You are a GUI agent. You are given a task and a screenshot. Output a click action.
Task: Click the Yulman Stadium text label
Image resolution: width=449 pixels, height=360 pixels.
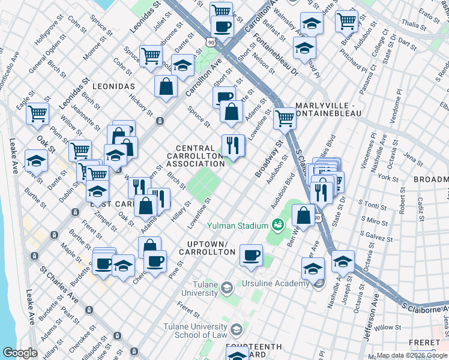point(237,226)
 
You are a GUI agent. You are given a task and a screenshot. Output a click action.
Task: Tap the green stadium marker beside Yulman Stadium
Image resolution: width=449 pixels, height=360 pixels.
point(277,226)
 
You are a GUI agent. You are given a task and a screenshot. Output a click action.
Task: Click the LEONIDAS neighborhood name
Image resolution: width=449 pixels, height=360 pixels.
point(114,86)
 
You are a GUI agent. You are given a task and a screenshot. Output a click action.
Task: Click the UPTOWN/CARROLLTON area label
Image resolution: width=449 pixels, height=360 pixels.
point(210,248)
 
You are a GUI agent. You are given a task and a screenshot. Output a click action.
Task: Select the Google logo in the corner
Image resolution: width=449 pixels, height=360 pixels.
point(20,353)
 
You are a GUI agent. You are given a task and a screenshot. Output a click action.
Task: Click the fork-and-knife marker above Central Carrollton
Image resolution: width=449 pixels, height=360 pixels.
point(233,145)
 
